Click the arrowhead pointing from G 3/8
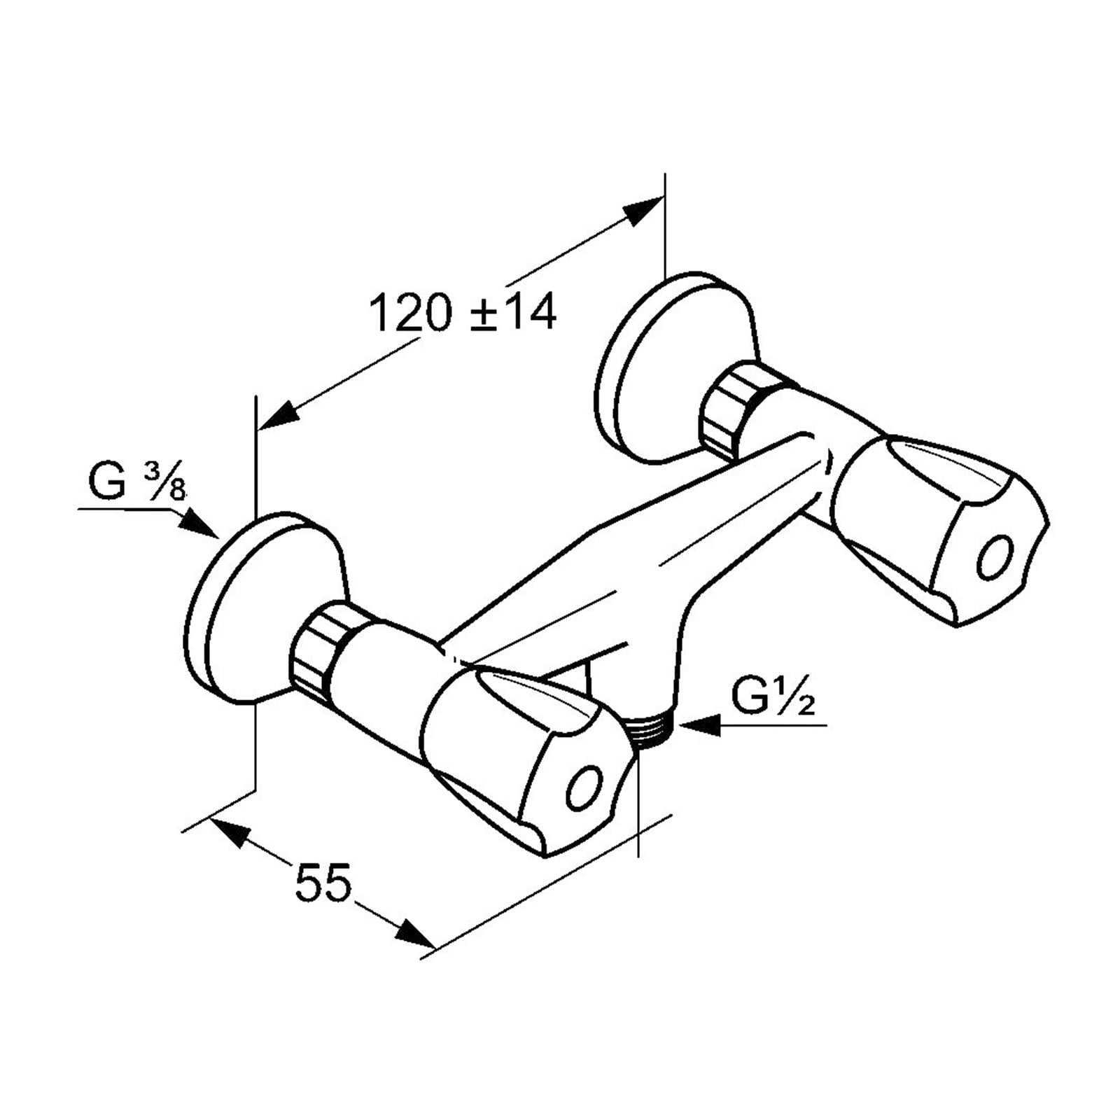tap(200, 524)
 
